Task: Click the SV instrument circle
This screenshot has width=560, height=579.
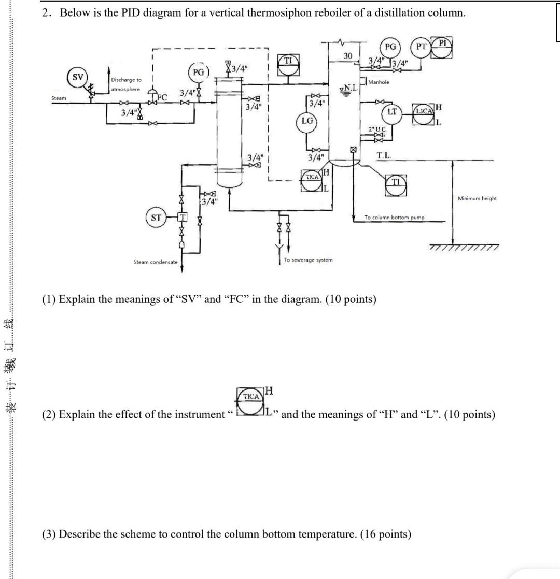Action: coord(78,77)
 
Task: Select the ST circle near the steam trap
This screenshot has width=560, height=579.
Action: coord(156,218)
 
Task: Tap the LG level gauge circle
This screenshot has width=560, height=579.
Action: coord(307,121)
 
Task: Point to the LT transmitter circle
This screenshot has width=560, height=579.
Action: coord(393,112)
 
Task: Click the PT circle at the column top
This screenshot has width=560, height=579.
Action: coord(422,47)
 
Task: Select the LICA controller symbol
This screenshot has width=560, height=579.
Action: coord(424,113)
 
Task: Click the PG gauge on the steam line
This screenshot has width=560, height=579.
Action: coord(199,73)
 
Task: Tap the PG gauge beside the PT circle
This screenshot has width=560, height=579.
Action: coord(390,47)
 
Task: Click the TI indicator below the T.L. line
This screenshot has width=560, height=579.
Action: coord(396,184)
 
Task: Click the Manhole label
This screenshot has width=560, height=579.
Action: coord(379,82)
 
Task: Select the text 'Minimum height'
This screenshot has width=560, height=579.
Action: coord(477,198)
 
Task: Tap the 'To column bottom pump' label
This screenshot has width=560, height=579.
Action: coord(394,218)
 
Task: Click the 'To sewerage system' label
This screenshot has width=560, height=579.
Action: coord(308,260)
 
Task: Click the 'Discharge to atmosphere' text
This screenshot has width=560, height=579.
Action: coord(125,84)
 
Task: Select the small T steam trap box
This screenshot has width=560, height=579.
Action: coord(182,217)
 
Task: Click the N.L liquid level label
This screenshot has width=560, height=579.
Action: coord(348,89)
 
